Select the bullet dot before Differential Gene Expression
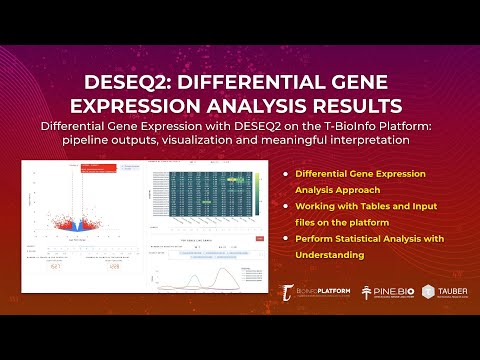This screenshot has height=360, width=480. pos(286,174)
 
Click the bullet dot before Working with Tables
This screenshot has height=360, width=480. pos(286,206)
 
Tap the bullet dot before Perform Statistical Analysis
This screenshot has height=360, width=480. pos(286,239)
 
